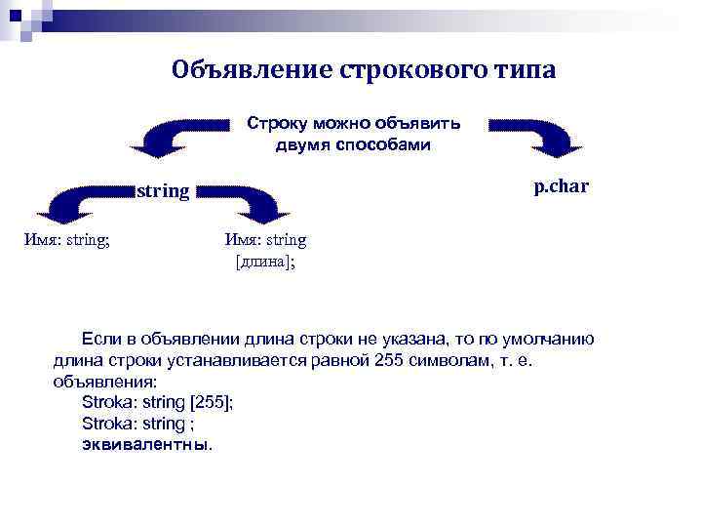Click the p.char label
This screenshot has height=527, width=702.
point(561,185)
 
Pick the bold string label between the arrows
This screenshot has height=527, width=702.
point(163,190)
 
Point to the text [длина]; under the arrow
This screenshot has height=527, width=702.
point(265,262)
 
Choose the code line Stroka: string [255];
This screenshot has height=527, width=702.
point(158,402)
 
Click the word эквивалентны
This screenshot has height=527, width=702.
point(146,444)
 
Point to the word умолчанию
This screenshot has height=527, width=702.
point(554,339)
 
